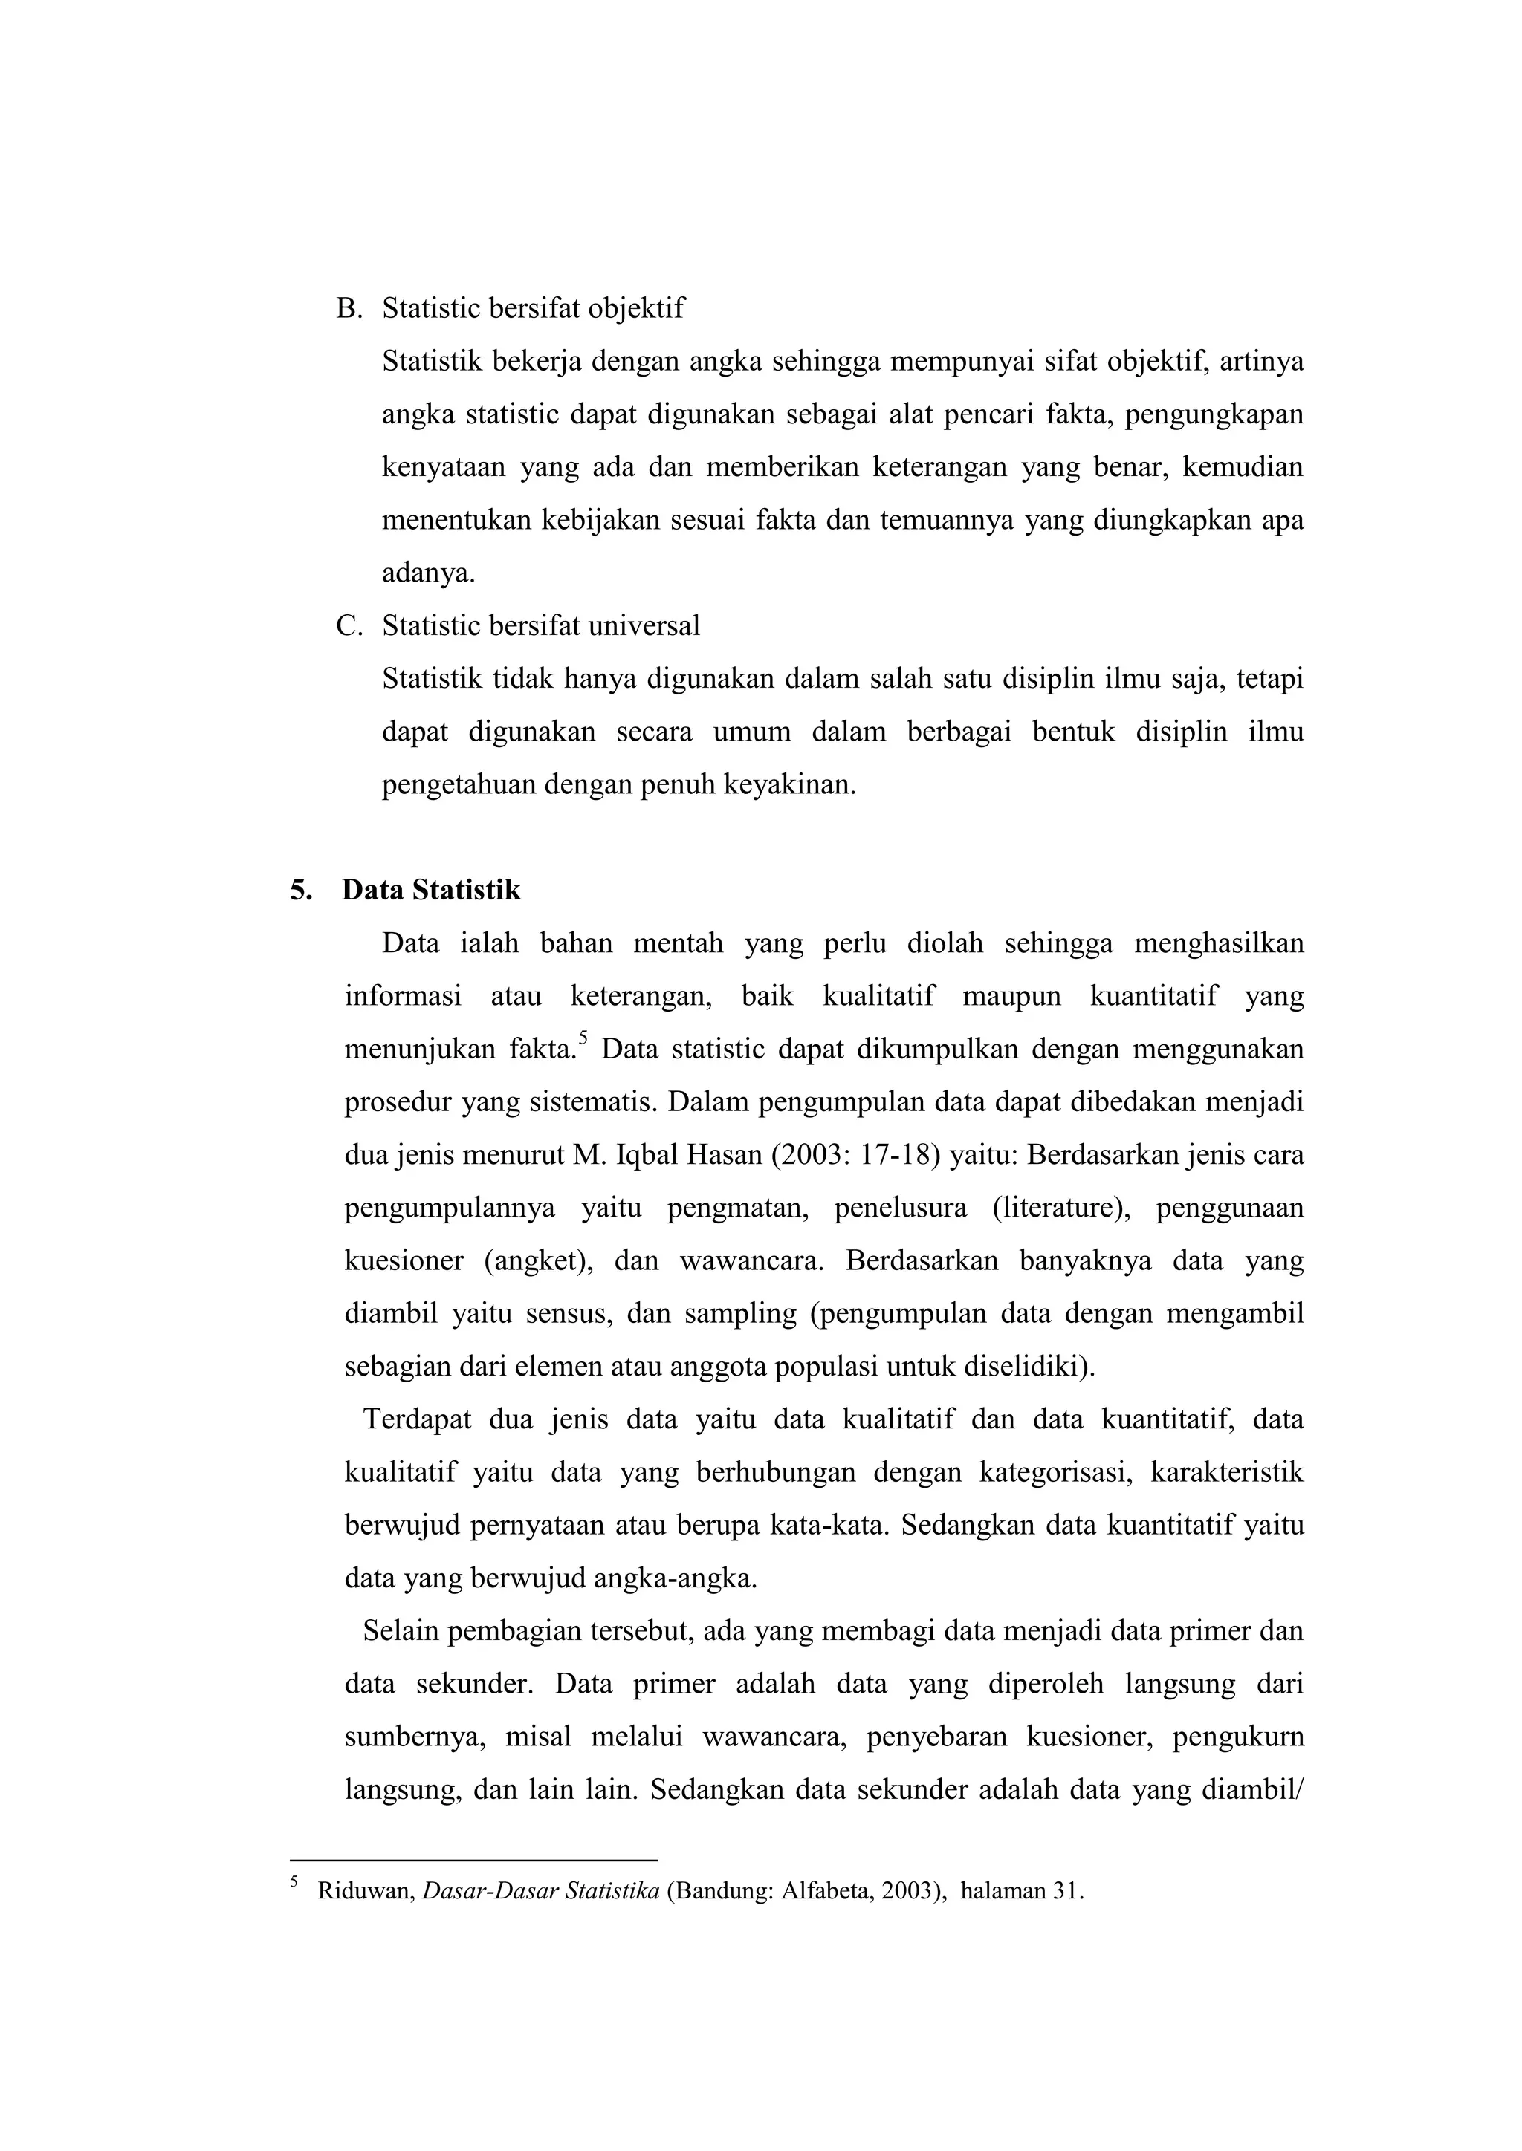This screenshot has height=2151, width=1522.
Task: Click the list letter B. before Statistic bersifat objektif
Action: [349, 308]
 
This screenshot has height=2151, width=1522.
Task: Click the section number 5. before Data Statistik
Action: [301, 889]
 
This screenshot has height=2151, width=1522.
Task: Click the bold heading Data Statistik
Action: [431, 889]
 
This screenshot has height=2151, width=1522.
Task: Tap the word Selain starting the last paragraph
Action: [400, 1631]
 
